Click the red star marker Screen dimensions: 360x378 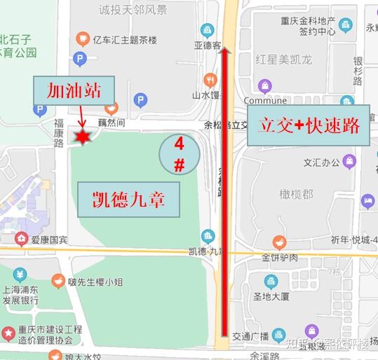83,138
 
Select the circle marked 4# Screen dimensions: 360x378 179,155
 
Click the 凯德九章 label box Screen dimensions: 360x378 129,200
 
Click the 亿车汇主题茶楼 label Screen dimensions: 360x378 128,39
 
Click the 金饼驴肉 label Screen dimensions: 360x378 280,257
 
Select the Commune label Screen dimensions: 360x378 265,100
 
